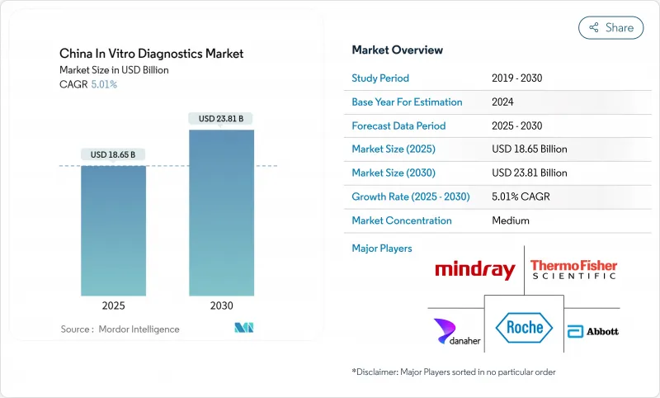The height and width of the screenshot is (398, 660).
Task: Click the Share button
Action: pos(610,27)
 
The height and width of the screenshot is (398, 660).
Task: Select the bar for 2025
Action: pos(113,230)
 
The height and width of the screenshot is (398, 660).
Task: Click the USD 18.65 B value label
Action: pos(113,154)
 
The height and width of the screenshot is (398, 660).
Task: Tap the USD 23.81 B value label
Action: pos(220,118)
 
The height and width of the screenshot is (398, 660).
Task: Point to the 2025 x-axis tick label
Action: pos(113,305)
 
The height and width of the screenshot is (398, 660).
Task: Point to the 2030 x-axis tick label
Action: pos(220,305)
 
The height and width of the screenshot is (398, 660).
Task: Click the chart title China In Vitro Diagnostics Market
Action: pos(151,54)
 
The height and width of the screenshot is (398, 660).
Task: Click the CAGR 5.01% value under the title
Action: pos(104,84)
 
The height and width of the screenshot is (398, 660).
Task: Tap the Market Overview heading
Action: pos(397,50)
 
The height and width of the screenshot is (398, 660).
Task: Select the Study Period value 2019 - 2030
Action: pos(517,78)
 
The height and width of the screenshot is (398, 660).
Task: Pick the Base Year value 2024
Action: pos(504,102)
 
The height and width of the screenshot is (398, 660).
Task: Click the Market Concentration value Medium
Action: pos(510,220)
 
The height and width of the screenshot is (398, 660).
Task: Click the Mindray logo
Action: pos(474,270)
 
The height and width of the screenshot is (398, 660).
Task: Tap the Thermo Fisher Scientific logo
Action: pos(573,269)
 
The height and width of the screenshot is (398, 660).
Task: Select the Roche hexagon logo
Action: pos(525,327)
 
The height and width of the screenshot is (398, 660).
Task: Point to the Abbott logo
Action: pos(592,330)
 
